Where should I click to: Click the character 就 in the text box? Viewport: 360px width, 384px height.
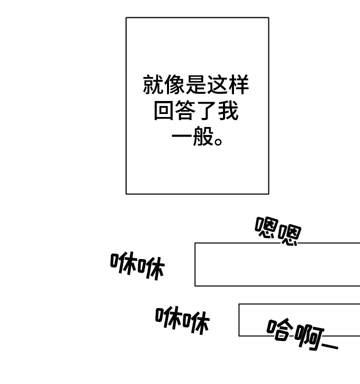point(153,84)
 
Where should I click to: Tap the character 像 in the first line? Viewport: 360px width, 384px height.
point(174,84)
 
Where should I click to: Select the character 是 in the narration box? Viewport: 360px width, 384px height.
point(195,84)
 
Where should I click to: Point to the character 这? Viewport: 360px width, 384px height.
point(217,84)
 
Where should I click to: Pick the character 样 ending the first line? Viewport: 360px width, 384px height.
point(238,84)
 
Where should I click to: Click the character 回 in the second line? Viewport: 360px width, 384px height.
point(164,110)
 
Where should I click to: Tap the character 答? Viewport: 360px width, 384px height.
point(185,110)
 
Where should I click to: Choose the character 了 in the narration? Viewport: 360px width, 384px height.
point(206,110)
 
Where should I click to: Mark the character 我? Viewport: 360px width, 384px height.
point(228,110)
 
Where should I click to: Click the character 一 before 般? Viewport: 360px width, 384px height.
point(181,136)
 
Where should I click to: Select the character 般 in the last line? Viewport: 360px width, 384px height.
point(203,136)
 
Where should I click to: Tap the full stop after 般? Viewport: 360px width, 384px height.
point(218,141)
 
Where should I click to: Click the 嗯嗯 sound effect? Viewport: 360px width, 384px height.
point(278,231)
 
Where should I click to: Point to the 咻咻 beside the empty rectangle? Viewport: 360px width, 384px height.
point(137,265)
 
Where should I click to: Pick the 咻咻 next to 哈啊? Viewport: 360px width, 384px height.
point(182,320)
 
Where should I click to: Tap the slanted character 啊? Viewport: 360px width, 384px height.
point(309,336)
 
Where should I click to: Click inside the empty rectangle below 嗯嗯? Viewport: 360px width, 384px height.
point(277,264)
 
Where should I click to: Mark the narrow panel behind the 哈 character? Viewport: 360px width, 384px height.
point(299,320)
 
